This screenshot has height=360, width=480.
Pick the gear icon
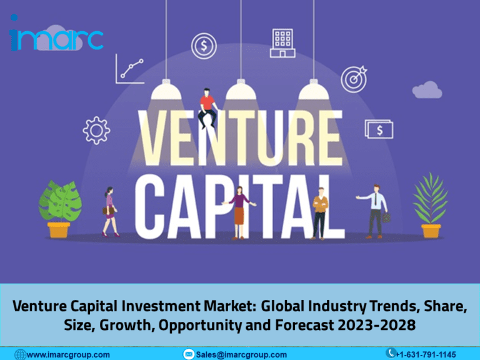coord(96,130)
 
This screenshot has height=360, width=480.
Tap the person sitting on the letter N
coord(207,107)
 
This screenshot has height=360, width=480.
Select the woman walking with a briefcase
coord(109,211)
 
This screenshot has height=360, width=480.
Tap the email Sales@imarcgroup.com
coord(241,354)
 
